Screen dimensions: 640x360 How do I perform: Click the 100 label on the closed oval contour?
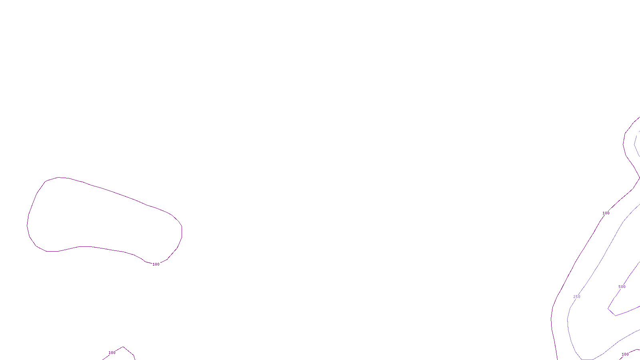click(x=156, y=264)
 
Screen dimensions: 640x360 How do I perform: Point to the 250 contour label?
click(x=576, y=297)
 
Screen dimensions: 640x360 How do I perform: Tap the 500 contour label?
click(x=622, y=287)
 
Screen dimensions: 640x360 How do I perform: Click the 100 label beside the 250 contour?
click(x=606, y=213)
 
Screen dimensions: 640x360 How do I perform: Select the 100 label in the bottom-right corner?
click(x=625, y=354)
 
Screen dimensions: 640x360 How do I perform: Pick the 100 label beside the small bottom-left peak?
click(x=112, y=353)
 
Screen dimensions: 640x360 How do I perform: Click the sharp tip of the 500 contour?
click(x=608, y=309)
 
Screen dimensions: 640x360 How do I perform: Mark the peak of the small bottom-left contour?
click(x=123, y=347)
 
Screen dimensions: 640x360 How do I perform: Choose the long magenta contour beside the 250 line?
click(x=576, y=262)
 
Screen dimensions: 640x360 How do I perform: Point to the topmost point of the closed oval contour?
click(x=59, y=177)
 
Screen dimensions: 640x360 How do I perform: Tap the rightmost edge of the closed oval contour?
click(x=182, y=231)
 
